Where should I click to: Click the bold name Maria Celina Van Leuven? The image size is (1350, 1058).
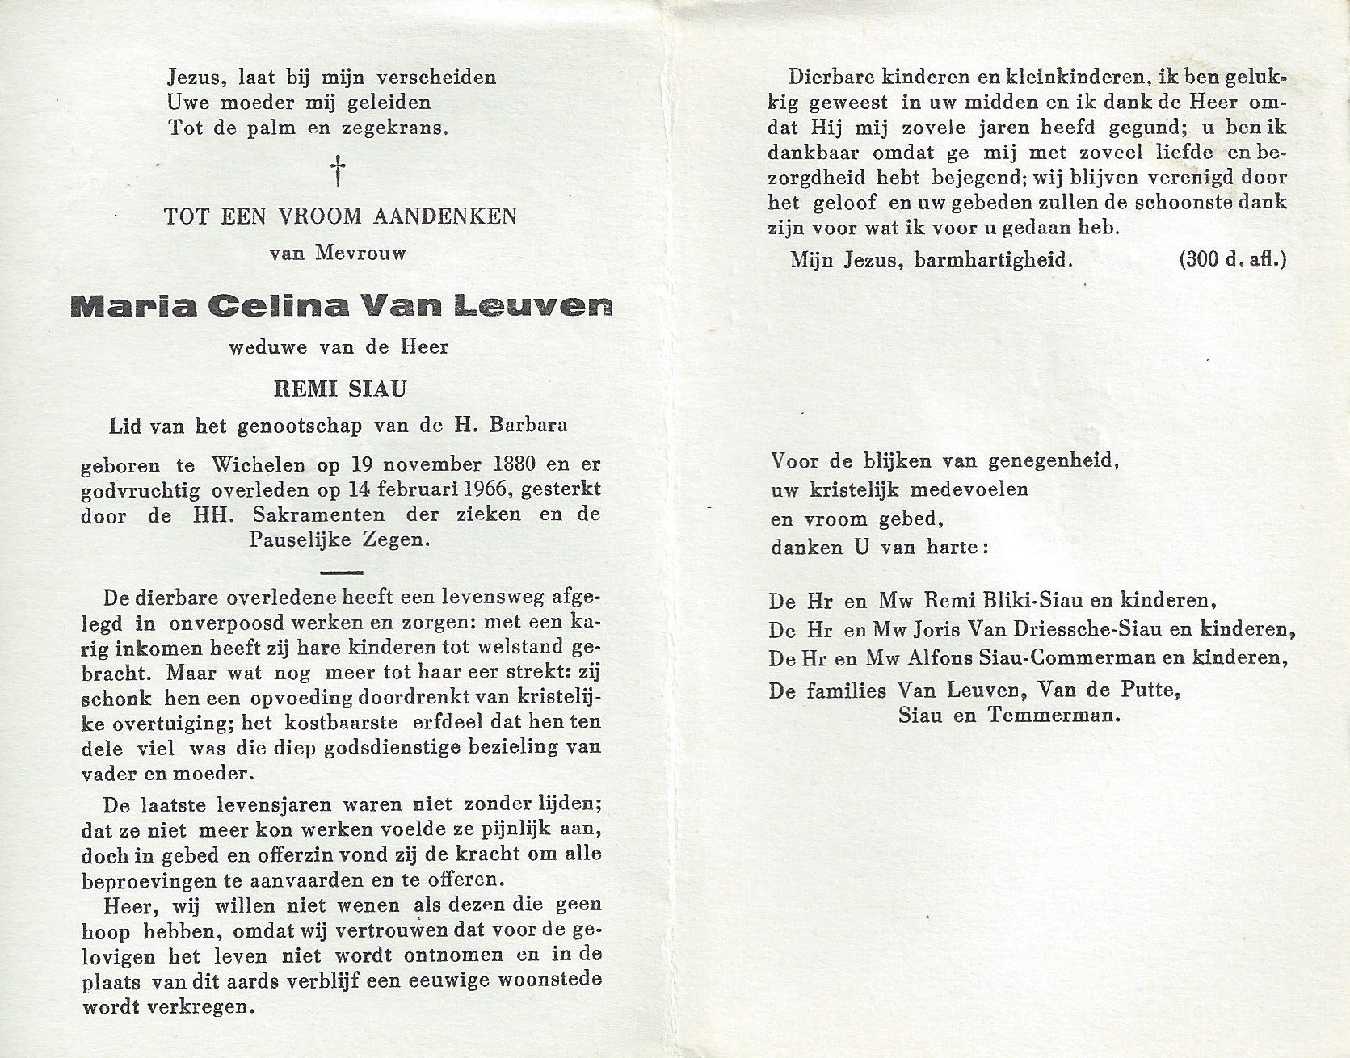[340, 305]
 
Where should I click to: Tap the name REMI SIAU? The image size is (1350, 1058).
[340, 388]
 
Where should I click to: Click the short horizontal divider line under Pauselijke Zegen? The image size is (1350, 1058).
[341, 572]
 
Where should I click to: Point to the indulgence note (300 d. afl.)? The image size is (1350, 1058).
[1233, 259]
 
